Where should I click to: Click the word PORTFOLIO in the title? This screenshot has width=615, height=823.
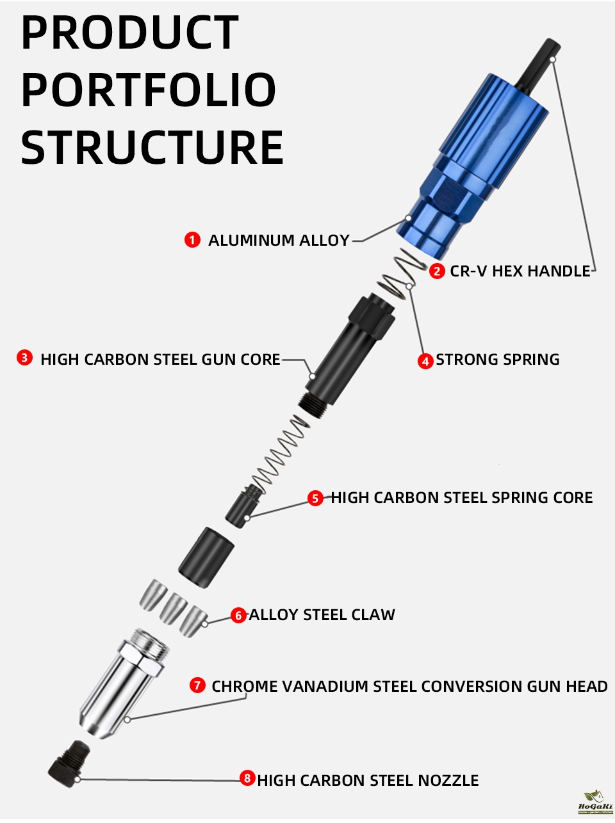pos(149,90)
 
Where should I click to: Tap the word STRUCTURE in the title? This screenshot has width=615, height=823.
pos(152,148)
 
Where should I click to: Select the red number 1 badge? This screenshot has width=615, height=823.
pos(192,240)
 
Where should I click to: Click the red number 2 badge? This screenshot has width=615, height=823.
pos(437,271)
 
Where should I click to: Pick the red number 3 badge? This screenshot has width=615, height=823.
pos(24,358)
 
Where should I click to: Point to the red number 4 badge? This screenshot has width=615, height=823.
pos(425,361)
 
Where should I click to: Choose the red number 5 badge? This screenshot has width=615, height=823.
pos(315,498)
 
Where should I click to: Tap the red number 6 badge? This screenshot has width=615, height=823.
pos(238,616)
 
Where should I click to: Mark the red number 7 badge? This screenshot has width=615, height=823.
pos(197,685)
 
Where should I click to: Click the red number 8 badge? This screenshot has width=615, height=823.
pos(247,779)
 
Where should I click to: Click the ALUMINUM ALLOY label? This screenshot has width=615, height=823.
pos(279,241)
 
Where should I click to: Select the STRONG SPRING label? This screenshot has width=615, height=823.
pos(498,360)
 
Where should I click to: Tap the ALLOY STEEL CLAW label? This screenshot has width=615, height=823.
pos(322,615)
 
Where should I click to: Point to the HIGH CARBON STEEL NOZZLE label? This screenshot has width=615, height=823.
pos(368,781)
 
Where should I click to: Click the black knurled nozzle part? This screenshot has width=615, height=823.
pos(69,761)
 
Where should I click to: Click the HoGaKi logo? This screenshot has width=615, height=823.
pos(595,803)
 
